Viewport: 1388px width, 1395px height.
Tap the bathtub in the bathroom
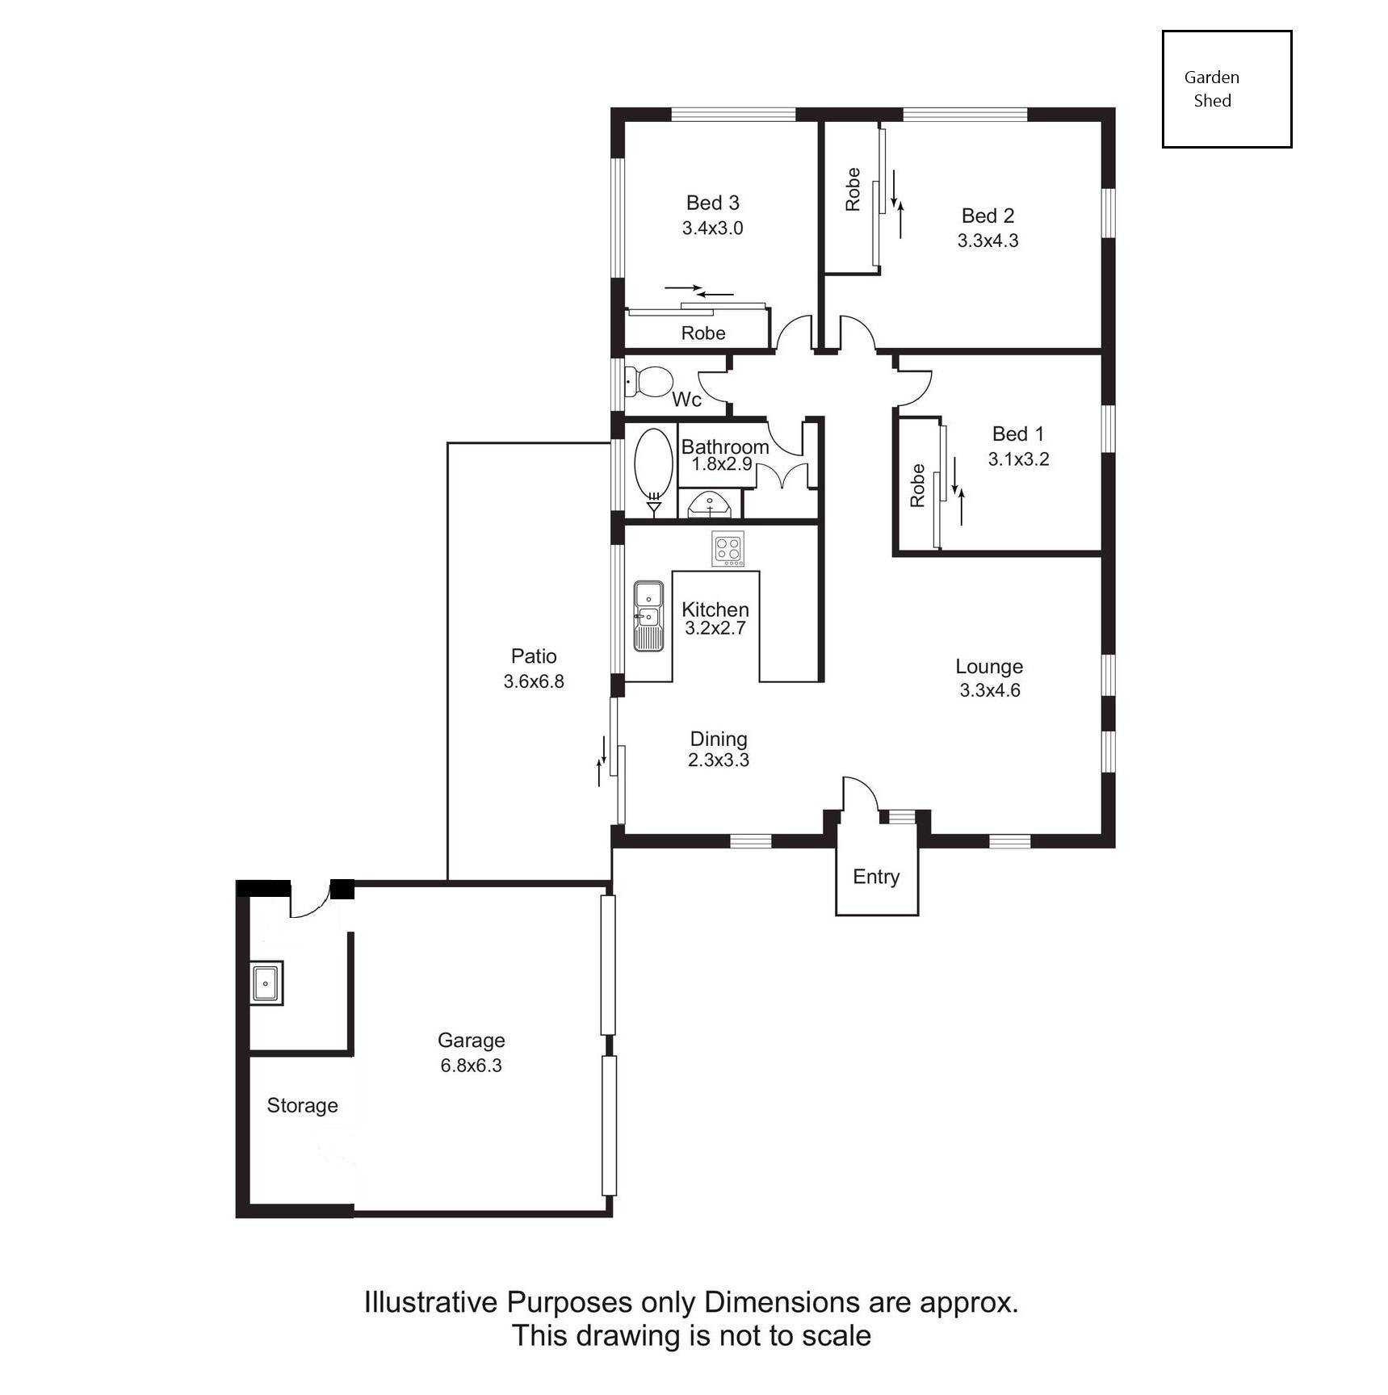[x=653, y=467]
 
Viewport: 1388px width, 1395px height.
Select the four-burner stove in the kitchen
[x=728, y=549]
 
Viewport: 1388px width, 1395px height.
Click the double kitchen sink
[x=648, y=616]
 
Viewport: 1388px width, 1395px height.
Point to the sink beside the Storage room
[x=266, y=983]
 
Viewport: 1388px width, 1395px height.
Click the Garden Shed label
[x=1212, y=89]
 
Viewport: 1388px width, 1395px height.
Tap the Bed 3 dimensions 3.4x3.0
[x=712, y=228]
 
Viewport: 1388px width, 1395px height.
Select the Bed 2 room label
[x=988, y=216]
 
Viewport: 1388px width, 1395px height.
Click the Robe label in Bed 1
[x=916, y=485]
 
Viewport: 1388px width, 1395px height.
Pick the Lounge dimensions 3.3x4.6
[x=990, y=690]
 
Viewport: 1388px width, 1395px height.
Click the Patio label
[x=534, y=656]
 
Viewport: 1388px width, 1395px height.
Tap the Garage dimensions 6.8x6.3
[x=471, y=1066]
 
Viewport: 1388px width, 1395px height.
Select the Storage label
[x=302, y=1105]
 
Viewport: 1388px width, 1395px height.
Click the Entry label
[x=876, y=877]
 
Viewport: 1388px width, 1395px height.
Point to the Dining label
[x=719, y=739]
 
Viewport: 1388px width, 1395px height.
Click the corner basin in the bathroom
[x=709, y=505]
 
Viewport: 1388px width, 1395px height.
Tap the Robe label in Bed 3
[x=703, y=333]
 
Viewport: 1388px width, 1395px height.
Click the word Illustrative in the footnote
[x=430, y=1302]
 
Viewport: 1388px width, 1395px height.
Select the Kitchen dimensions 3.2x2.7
[x=715, y=628]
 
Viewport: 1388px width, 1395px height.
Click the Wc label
[x=686, y=399]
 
